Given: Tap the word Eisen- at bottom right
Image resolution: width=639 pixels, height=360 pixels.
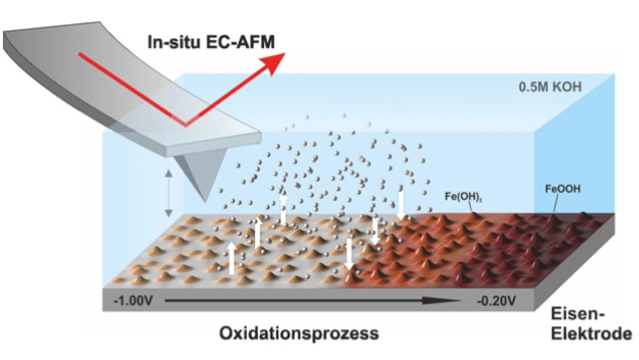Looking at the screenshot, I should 578,315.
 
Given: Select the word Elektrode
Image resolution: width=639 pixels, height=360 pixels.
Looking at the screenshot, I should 591,334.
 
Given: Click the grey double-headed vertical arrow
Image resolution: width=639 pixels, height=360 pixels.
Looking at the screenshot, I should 169,194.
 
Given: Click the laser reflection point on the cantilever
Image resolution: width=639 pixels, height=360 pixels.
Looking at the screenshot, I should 186,125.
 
